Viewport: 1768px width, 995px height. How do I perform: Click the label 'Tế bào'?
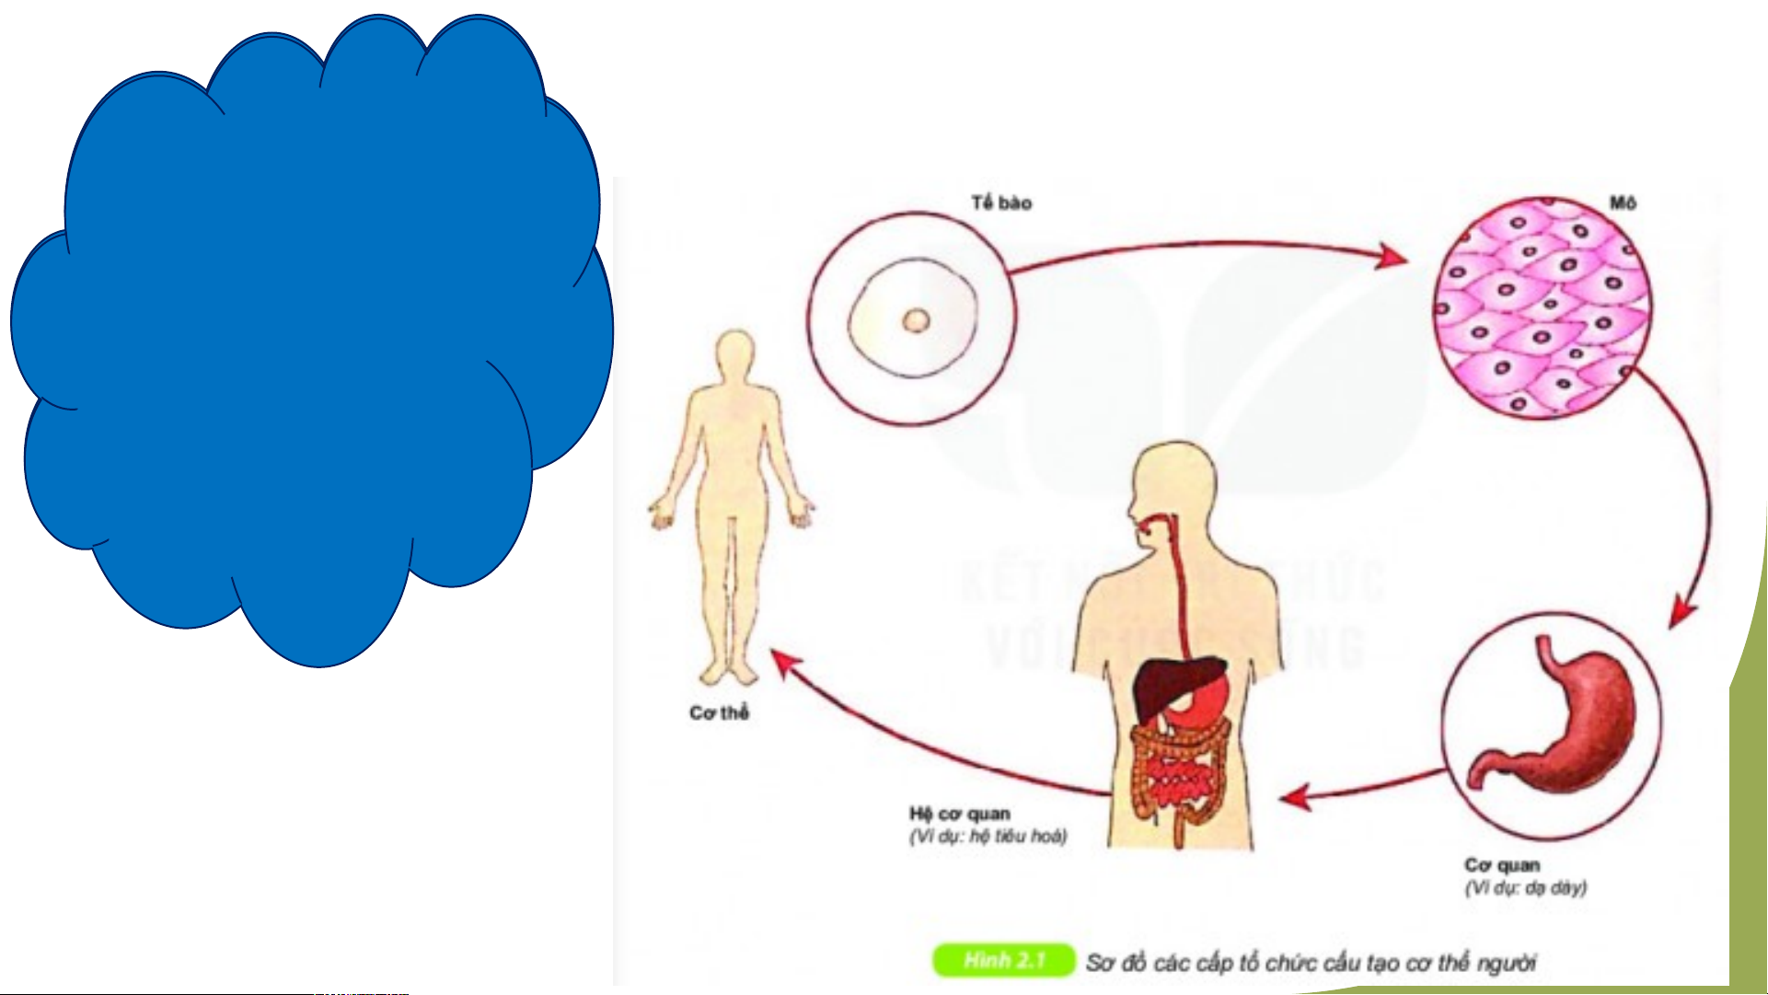point(1001,202)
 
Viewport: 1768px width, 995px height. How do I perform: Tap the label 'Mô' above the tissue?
point(1623,202)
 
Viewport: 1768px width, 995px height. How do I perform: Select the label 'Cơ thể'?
point(719,712)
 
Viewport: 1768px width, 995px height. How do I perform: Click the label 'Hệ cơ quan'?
point(960,814)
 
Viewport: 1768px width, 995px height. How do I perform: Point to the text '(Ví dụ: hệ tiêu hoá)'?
point(988,836)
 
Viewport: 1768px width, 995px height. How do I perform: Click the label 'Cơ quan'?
point(1502,865)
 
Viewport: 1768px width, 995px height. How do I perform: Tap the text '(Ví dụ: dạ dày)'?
point(1526,887)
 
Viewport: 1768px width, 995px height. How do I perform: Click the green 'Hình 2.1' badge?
point(1004,960)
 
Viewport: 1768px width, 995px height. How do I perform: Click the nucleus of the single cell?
point(916,320)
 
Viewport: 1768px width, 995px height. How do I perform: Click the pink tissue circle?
point(1542,308)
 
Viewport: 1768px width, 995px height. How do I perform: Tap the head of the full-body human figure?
point(734,354)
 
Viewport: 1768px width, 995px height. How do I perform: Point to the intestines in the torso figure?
point(1178,773)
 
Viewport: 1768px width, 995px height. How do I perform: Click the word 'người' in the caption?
point(1507,963)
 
